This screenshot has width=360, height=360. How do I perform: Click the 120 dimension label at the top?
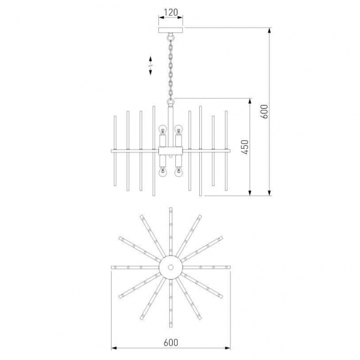click(x=171, y=12)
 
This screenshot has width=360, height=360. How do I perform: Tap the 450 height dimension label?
click(x=245, y=147)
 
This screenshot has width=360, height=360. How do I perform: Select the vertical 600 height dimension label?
click(x=264, y=112)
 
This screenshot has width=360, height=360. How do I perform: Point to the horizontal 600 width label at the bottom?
click(x=171, y=343)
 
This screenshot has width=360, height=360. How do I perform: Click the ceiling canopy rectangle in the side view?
click(x=171, y=30)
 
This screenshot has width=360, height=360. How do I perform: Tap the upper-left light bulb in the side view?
click(x=163, y=130)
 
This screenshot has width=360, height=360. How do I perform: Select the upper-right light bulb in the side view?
click(x=178, y=130)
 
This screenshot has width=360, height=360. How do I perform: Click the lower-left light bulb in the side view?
click(x=163, y=172)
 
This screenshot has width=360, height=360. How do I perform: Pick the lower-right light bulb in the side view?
click(x=178, y=172)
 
